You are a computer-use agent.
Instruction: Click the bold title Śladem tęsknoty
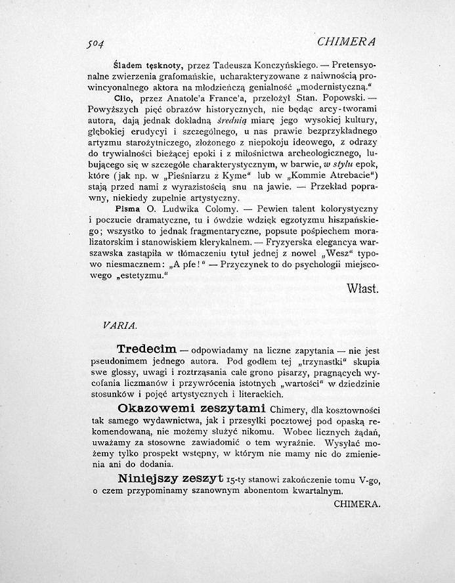(148, 66)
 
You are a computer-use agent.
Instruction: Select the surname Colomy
(221, 209)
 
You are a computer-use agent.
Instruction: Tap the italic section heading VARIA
(119, 325)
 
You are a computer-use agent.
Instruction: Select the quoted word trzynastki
(324, 362)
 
